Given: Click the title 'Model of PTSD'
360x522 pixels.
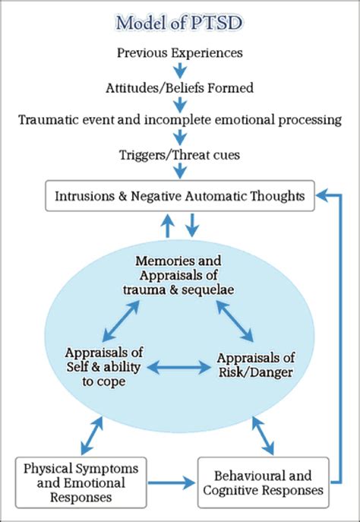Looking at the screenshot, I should pyautogui.click(x=180, y=23).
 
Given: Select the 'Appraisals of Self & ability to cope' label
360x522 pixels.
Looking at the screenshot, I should pyautogui.click(x=104, y=367).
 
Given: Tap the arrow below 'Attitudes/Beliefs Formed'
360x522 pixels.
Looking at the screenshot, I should pyautogui.click(x=180, y=104).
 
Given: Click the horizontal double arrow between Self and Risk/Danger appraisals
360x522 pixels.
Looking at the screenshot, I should pyautogui.click(x=178, y=367).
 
